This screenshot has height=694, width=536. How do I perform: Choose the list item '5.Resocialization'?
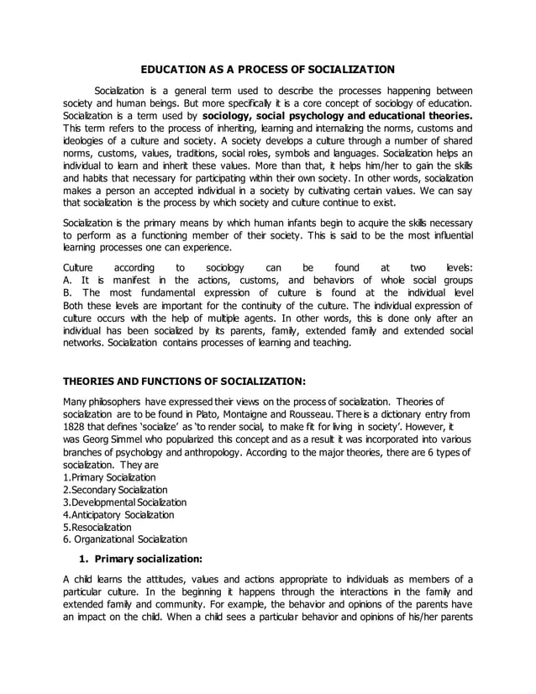coord(97,527)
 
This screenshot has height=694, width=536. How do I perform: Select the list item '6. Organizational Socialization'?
coord(125,539)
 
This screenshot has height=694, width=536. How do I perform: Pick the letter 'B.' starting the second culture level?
coord(68,292)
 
